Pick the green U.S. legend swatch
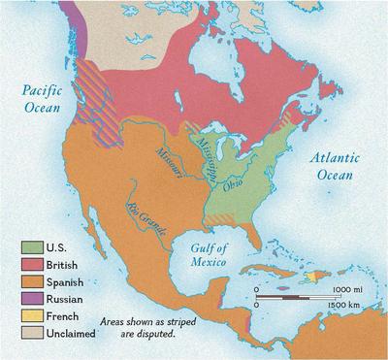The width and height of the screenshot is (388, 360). tap(29, 248)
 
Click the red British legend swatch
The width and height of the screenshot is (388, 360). tap(29, 264)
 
